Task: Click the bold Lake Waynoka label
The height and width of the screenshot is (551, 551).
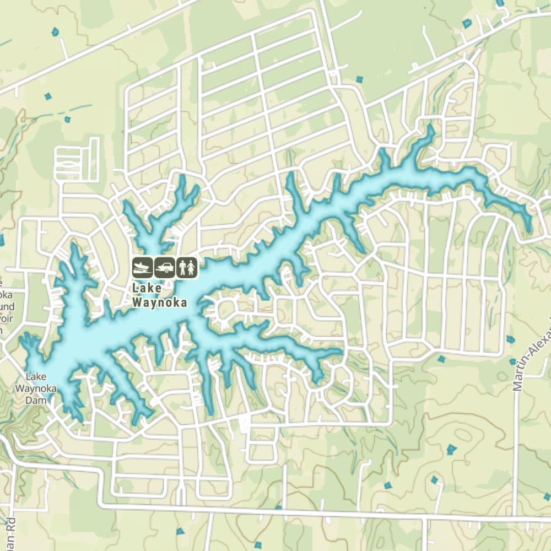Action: (x=160, y=295)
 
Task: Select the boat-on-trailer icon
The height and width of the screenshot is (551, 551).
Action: (x=143, y=268)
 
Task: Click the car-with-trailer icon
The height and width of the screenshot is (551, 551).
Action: (x=165, y=268)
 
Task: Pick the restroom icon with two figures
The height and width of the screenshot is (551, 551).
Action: (x=187, y=268)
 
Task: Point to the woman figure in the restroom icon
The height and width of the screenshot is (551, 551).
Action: (x=191, y=268)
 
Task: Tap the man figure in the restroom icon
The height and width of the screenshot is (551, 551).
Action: (x=182, y=268)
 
